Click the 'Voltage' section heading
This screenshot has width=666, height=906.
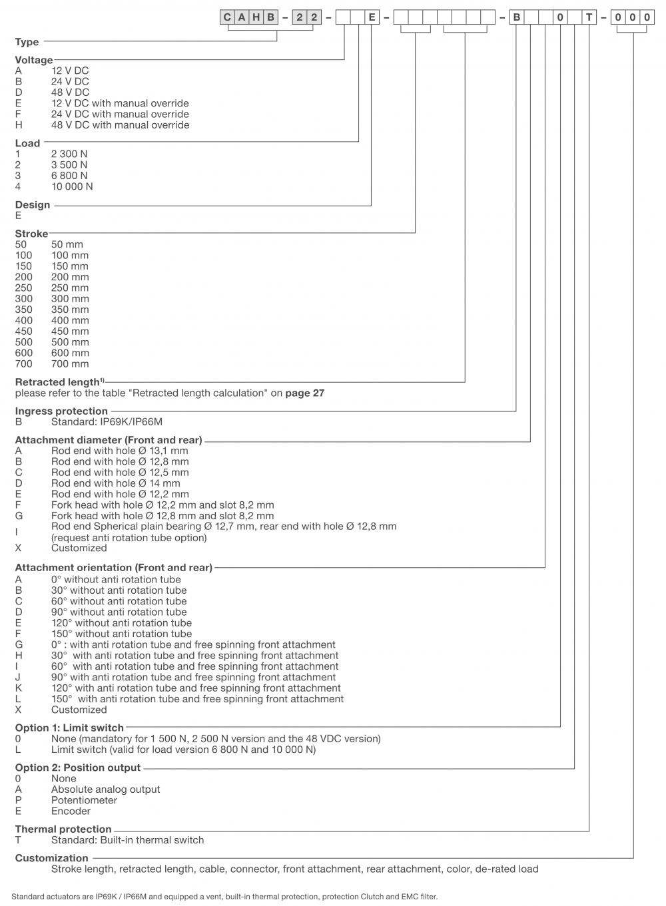pos(34,60)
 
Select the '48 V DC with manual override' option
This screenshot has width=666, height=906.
pos(120,125)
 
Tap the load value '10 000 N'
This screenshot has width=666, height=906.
pos(72,186)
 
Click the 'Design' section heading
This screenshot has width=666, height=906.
pos(33,205)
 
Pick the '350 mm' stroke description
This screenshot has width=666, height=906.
pos(70,310)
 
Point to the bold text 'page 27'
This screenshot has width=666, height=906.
pos(304,393)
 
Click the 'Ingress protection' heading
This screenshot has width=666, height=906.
pos(61,411)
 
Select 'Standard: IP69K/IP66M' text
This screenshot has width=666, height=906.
pos(107,422)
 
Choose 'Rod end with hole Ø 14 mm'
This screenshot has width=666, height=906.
pos(115,483)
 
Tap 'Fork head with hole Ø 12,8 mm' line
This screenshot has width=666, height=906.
pos(163,516)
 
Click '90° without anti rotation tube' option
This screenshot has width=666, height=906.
pos(119,612)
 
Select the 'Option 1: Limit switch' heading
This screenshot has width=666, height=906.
pos(69,728)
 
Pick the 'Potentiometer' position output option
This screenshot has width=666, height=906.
pos(84,800)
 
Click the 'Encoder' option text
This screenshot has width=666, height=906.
pos(71,811)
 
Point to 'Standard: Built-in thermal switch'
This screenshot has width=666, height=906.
pos(127,840)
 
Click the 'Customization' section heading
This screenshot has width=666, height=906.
pos(52,858)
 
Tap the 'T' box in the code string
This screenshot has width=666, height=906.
pos(589,17)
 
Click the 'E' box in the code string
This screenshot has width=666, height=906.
pos(372,17)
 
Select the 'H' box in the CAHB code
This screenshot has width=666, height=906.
pos(256,17)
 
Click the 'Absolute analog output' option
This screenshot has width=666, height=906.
pos(105,790)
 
